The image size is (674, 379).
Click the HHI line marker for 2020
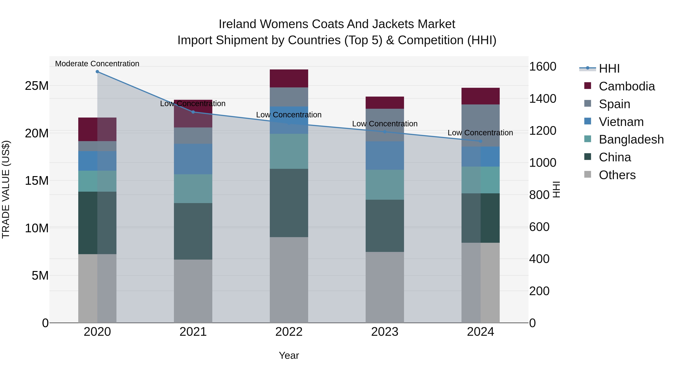click(x=97, y=72)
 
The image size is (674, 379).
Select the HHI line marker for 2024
click(x=480, y=141)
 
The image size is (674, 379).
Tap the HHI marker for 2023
click(x=385, y=132)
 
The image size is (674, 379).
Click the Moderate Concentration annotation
click(x=97, y=64)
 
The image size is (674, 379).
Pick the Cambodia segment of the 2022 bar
click(x=289, y=78)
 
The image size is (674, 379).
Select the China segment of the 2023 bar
click(x=385, y=226)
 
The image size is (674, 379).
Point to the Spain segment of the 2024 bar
click(x=480, y=126)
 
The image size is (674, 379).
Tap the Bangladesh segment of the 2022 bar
click(x=289, y=151)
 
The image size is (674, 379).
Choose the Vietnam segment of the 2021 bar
click(x=193, y=159)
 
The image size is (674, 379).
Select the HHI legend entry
click(x=609, y=69)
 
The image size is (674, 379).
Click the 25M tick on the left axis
click(x=37, y=86)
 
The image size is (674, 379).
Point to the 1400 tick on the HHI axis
click(x=542, y=99)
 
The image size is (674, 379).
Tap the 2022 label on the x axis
click(x=289, y=332)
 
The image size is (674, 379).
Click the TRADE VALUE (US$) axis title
click(x=6, y=189)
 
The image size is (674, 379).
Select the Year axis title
click(x=289, y=355)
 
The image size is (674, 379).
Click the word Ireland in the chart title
click(x=237, y=24)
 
